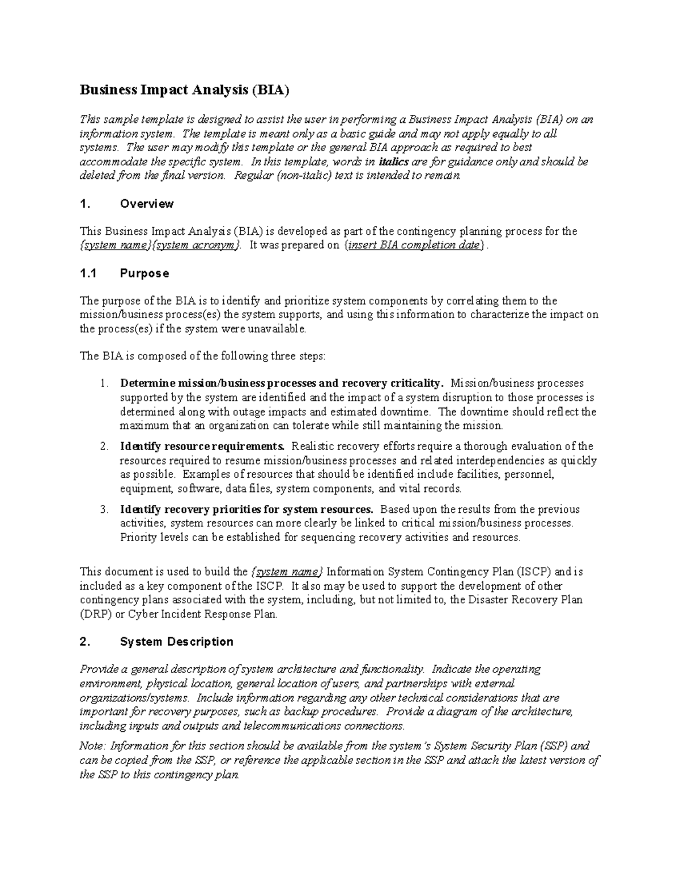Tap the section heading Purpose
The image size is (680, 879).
pyautogui.click(x=144, y=274)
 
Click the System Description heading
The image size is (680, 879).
pyautogui.click(x=176, y=642)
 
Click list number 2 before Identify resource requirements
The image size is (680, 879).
pyautogui.click(x=104, y=447)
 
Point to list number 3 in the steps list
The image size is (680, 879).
pyautogui.click(x=104, y=509)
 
